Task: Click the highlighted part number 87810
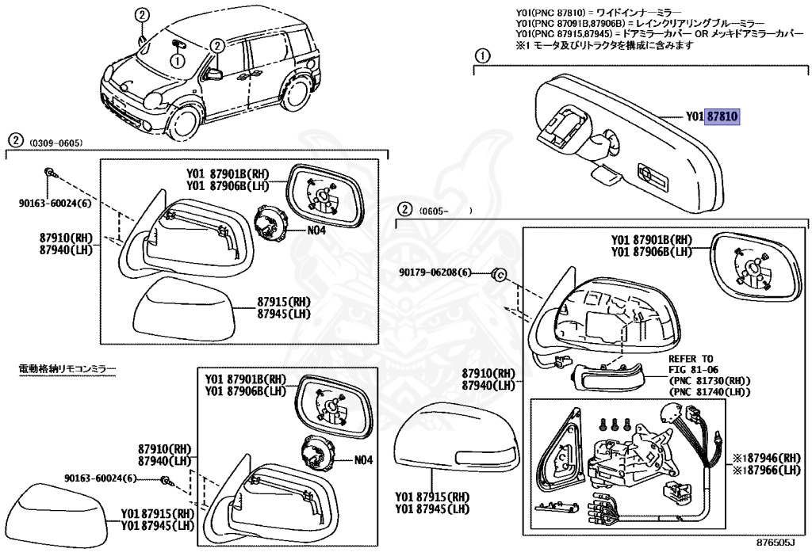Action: [722, 116]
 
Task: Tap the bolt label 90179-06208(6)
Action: [435, 273]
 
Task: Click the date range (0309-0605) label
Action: [56, 143]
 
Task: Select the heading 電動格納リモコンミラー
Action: [67, 369]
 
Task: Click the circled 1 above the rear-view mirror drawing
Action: [481, 56]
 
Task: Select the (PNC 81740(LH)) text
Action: [710, 392]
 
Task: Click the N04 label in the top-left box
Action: [317, 231]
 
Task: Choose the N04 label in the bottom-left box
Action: [363, 459]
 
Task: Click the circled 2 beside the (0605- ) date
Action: [404, 210]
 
